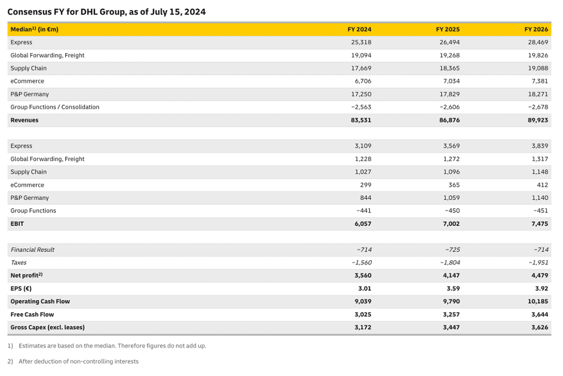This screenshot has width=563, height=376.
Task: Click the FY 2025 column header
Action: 448,29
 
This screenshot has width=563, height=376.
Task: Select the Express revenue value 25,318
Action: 361,42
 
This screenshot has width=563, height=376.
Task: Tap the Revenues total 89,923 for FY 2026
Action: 538,120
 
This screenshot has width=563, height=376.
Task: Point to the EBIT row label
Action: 17,224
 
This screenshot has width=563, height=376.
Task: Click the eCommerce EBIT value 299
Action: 365,185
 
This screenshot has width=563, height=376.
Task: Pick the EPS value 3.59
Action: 452,288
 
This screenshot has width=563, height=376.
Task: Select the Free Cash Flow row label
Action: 32,315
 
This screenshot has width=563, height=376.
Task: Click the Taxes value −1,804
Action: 449,263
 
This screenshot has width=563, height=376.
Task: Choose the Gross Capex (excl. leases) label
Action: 47,327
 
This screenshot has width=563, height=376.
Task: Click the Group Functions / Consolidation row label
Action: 55,107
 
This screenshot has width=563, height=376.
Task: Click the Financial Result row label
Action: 32,249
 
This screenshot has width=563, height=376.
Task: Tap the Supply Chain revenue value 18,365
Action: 449,68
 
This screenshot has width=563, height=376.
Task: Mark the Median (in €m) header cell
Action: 35,29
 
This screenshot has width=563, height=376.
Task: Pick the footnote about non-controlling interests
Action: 78,361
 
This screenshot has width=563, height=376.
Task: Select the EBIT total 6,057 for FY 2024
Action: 362,224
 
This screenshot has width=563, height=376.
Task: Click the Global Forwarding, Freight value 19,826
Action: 538,56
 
